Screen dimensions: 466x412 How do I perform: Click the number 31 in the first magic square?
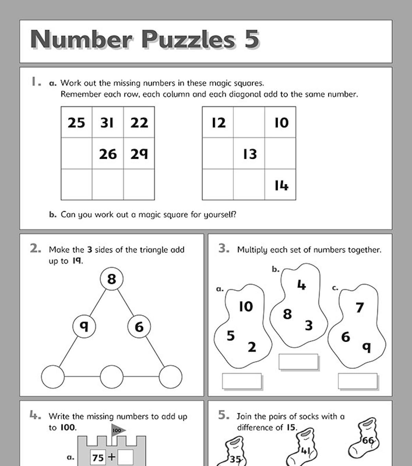coord(107,123)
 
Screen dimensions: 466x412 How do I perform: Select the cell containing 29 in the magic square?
coord(139,154)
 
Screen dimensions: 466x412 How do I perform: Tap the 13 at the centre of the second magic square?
coord(250,154)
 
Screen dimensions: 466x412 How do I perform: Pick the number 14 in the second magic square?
coord(281,185)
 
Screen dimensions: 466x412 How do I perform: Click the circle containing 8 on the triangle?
coord(112,279)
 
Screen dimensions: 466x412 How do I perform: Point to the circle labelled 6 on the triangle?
coord(139,327)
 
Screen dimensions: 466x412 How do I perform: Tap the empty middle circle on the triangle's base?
coord(112,376)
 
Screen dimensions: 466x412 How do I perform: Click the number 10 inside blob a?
coord(246,306)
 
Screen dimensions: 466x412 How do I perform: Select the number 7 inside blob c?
coord(359,307)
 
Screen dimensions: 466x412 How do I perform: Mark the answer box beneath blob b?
coord(298,362)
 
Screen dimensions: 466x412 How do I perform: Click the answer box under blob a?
coord(242,381)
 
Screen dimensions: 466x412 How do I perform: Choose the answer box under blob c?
coord(357,381)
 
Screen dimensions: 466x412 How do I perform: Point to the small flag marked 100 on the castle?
coord(118,430)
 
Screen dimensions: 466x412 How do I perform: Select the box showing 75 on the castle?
coord(98,457)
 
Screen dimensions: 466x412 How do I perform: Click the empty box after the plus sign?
coord(125,457)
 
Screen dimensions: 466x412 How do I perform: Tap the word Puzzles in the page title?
coord(188,39)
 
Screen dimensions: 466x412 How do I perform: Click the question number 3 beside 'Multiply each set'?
coord(224,248)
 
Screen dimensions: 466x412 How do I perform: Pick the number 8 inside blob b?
coord(287,314)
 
